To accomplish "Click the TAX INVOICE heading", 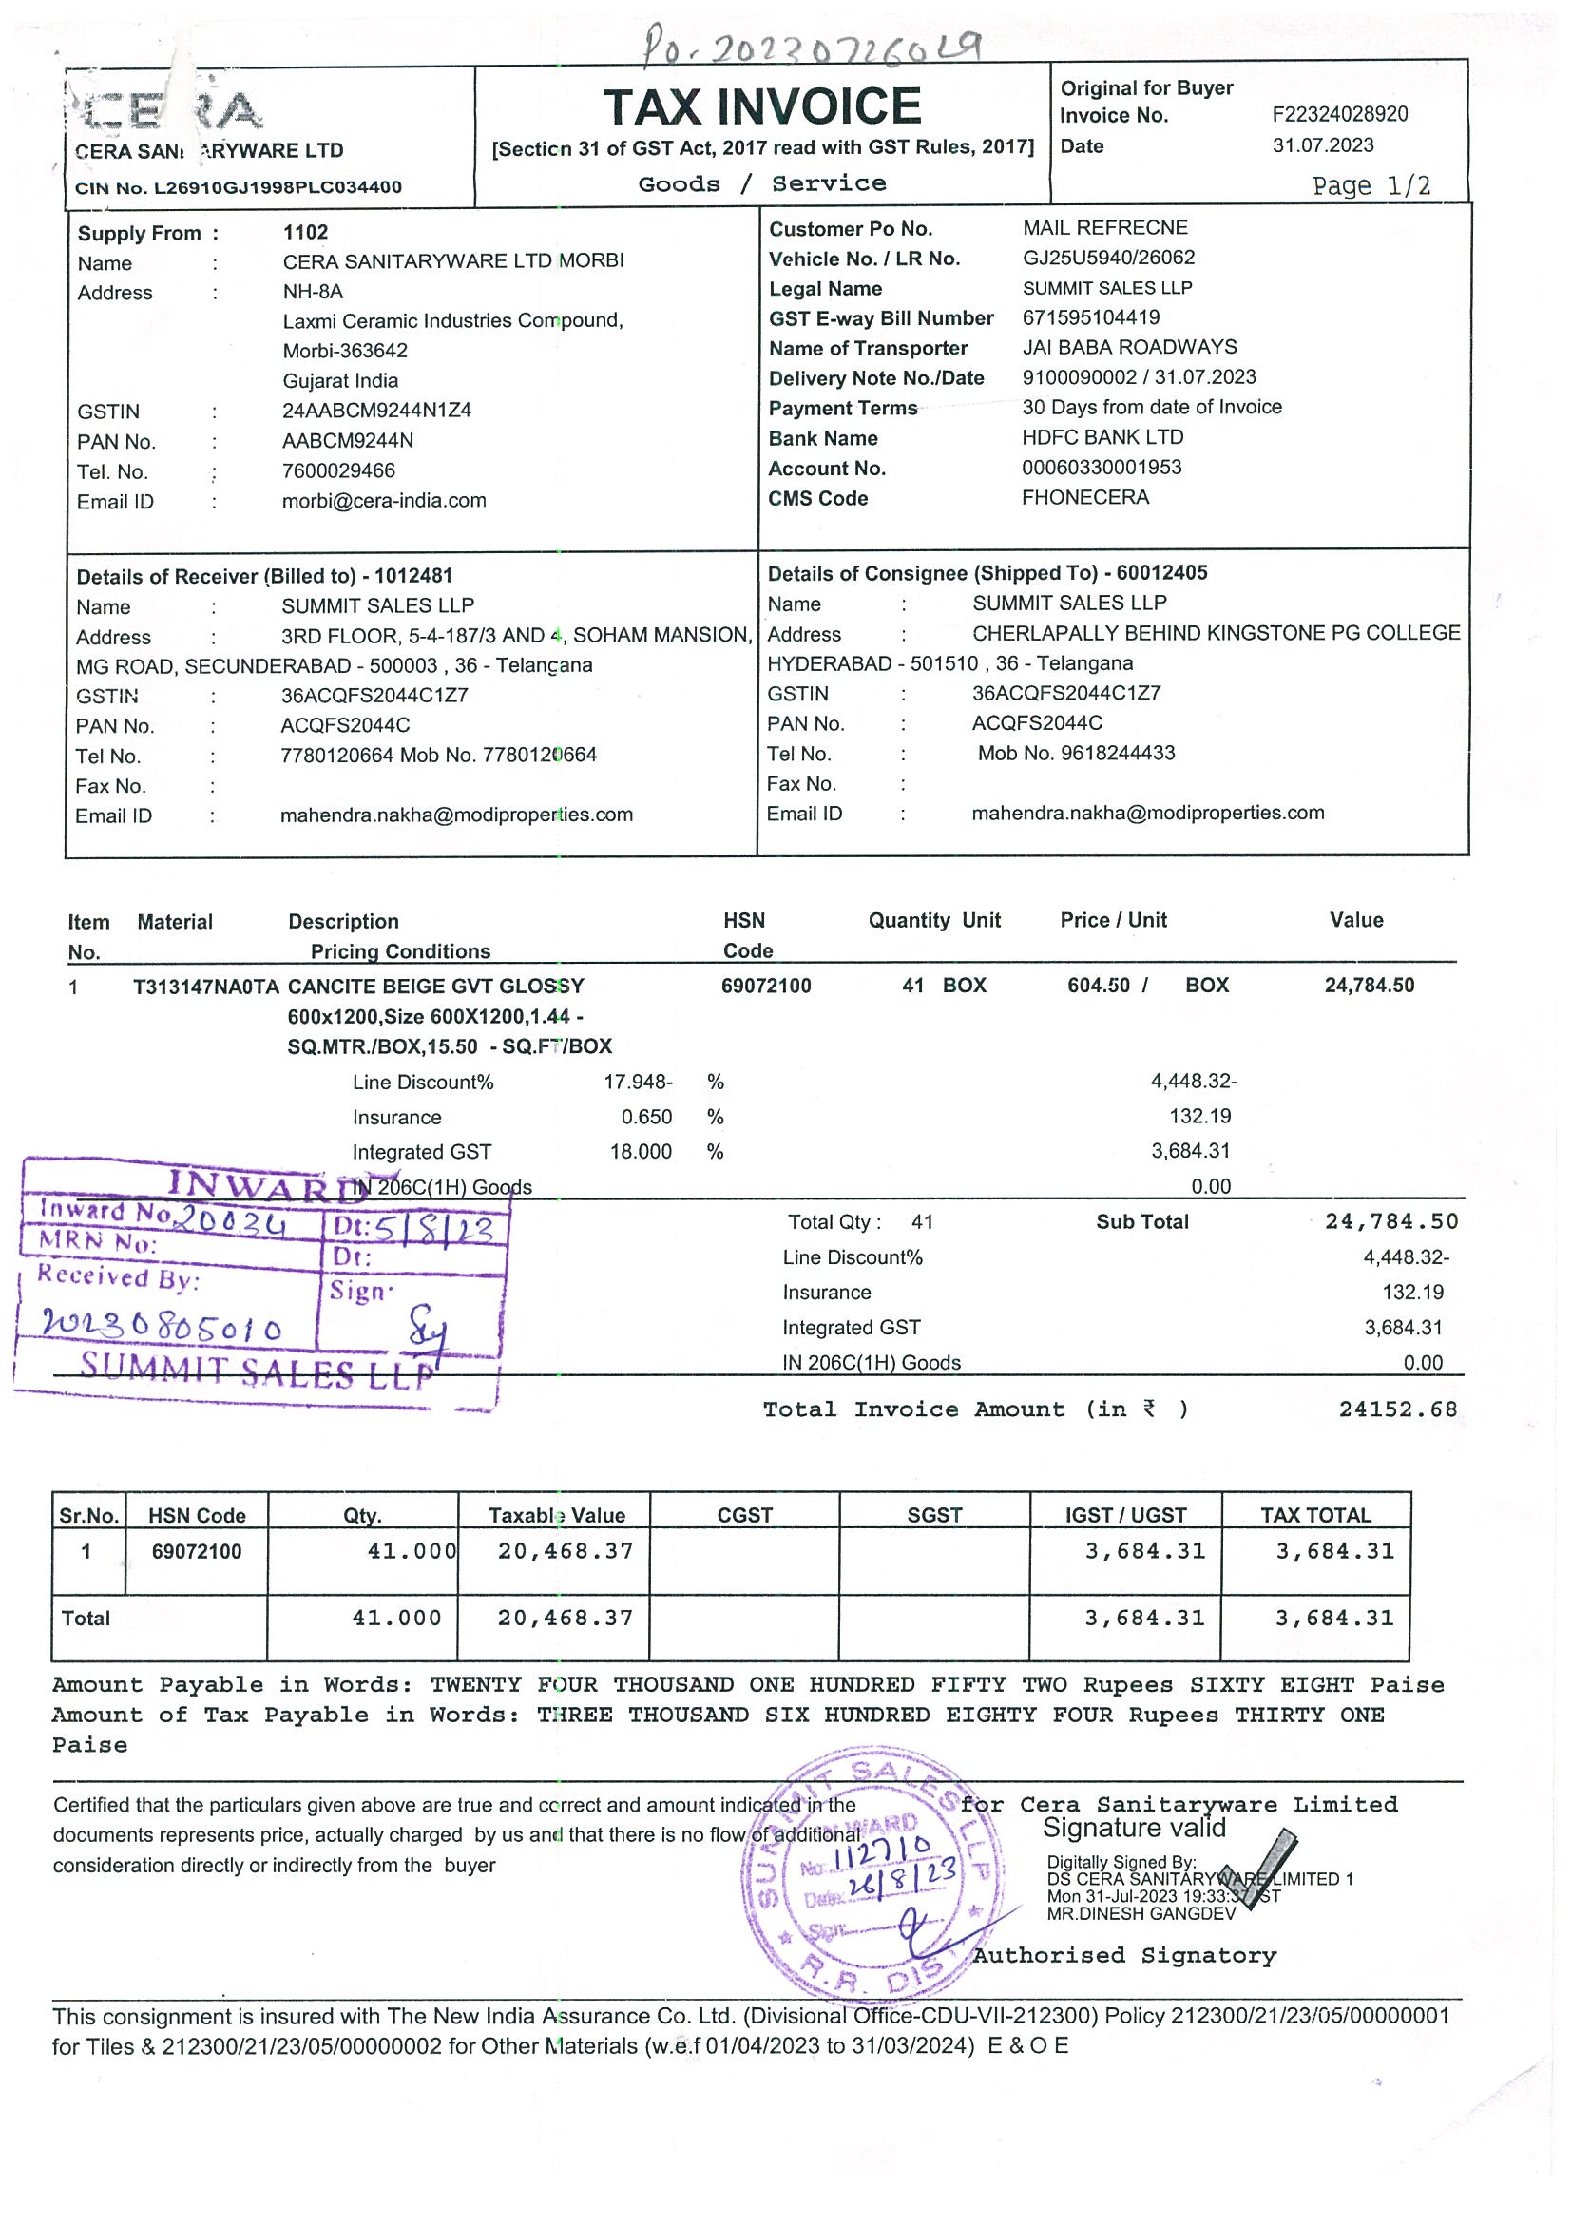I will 761,106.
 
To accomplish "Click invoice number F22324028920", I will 1339,114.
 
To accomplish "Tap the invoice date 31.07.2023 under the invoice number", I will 1322,145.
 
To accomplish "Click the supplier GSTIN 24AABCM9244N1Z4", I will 376,411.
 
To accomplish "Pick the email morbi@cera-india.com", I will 384,501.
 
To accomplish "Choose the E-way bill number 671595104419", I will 1091,317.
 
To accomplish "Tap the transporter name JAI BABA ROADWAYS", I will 1129,347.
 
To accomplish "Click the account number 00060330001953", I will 1102,467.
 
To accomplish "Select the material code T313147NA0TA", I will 205,987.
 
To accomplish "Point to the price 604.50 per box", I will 1099,985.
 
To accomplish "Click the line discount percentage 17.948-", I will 638,1081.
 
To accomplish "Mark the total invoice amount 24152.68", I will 1398,1409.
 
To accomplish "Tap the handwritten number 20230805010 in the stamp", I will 161,1326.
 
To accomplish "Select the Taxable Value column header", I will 556,1515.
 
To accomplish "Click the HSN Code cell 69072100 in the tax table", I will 197,1552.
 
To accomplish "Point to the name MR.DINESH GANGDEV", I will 1141,1913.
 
